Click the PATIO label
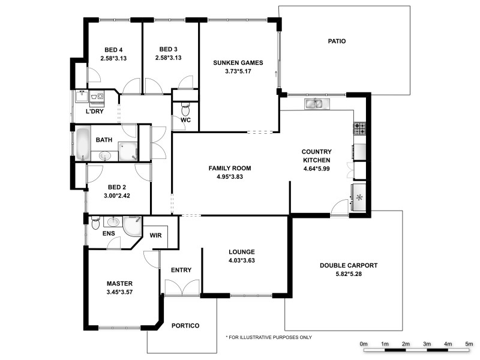[x=337, y=41]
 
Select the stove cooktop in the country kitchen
[x=360, y=128]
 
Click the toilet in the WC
[x=185, y=110]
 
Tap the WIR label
[x=156, y=236]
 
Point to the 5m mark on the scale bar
[x=469, y=344]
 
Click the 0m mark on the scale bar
[x=364, y=344]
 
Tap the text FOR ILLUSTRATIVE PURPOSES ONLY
[x=269, y=337]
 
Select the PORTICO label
[x=185, y=326]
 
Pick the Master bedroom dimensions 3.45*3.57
[x=119, y=292]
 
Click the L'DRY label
[x=95, y=112]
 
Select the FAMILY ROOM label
[x=230, y=168]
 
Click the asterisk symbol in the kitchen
[x=359, y=197]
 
